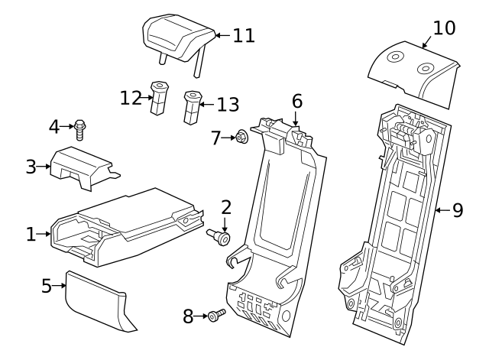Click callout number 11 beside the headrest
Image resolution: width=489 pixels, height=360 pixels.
244,35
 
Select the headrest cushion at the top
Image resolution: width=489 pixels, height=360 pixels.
178,35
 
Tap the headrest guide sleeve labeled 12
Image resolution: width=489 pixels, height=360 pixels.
159,98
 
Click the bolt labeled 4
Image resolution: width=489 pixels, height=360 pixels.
80,129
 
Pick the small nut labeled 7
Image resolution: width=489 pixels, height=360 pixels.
241,138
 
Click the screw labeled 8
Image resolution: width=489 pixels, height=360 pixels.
215,315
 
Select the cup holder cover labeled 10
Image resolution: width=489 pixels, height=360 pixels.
412,69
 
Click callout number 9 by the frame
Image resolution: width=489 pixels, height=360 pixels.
458,209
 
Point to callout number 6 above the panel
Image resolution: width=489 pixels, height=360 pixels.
296,101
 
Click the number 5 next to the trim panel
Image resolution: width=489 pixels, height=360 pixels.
47,286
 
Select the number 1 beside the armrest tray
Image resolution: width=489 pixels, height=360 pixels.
31,235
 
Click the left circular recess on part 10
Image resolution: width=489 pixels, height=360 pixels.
396,57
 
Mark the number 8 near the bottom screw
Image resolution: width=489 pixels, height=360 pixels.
188,316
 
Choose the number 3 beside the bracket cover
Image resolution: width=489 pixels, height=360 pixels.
31,166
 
